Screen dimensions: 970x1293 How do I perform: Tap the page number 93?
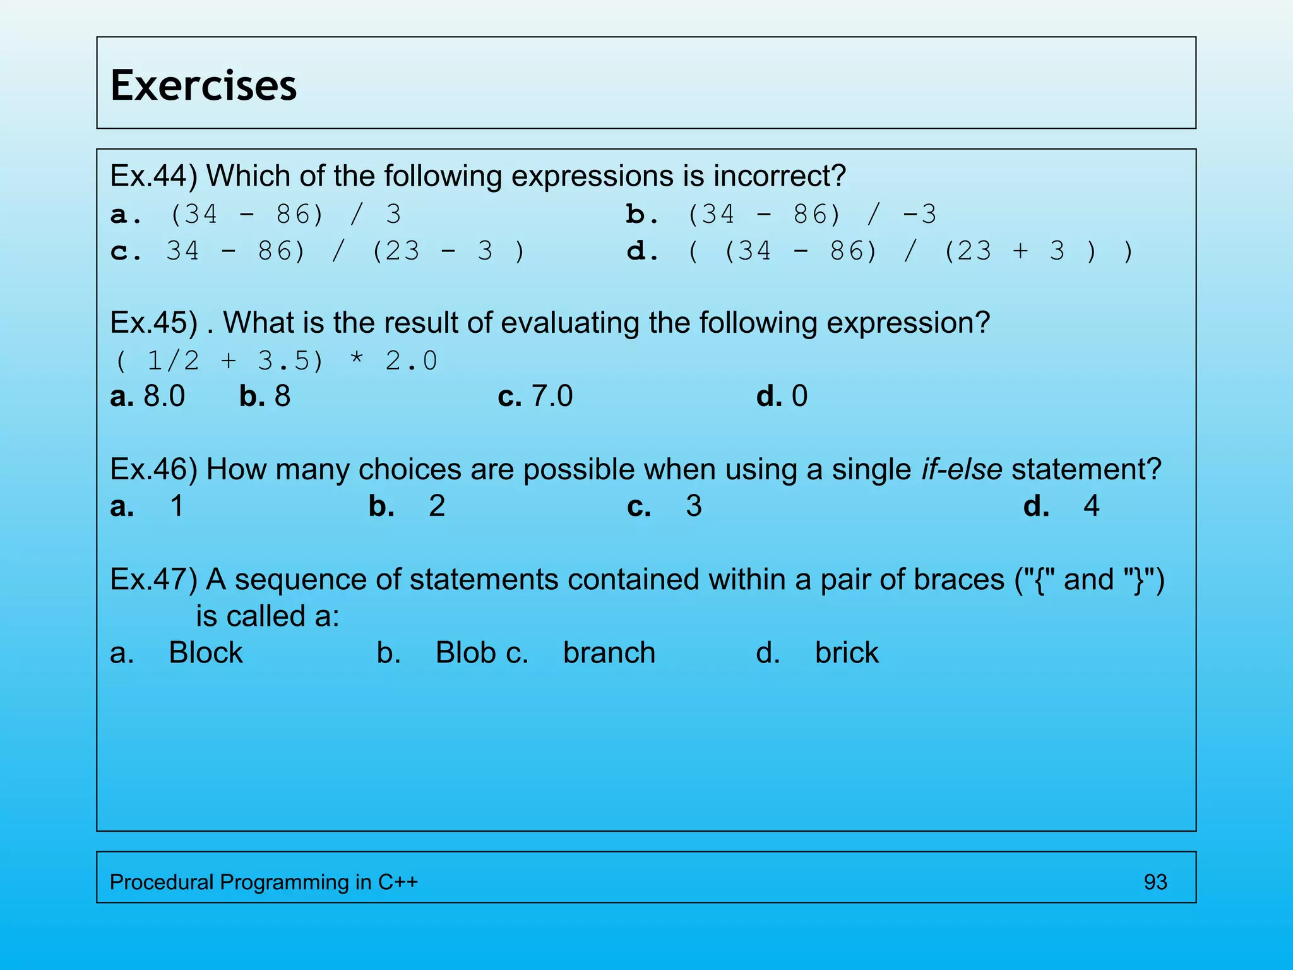pos(1155,882)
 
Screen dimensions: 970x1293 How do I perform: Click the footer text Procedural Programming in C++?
pos(263,882)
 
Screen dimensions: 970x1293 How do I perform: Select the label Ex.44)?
pos(153,176)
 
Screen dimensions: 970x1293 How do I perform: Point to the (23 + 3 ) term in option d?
pos(1020,251)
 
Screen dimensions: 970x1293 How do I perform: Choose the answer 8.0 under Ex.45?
pos(164,396)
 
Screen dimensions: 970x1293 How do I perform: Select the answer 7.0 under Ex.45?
pos(552,396)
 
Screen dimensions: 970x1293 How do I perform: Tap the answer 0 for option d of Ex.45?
pos(799,396)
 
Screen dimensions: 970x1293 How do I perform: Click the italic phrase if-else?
pos(961,469)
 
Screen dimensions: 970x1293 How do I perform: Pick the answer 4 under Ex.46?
pos(1091,506)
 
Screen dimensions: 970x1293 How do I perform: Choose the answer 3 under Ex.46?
pos(694,506)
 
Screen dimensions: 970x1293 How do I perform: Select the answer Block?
pos(205,652)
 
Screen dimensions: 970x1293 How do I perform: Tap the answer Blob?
pos(465,652)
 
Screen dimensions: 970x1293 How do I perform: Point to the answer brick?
pos(846,652)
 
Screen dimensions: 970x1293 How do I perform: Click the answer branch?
pos(609,652)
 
